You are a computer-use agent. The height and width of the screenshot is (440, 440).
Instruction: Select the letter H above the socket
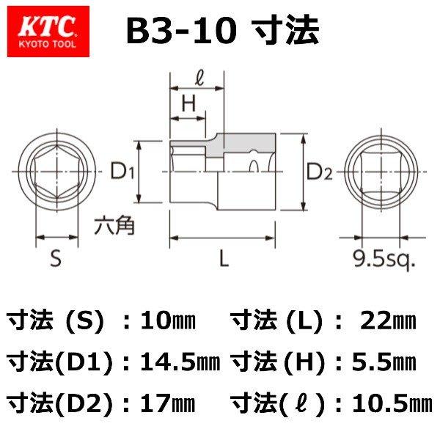click(x=188, y=105)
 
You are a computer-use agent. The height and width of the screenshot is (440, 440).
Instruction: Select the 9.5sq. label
click(x=382, y=259)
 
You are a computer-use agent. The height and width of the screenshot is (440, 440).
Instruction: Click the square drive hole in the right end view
click(x=381, y=173)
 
